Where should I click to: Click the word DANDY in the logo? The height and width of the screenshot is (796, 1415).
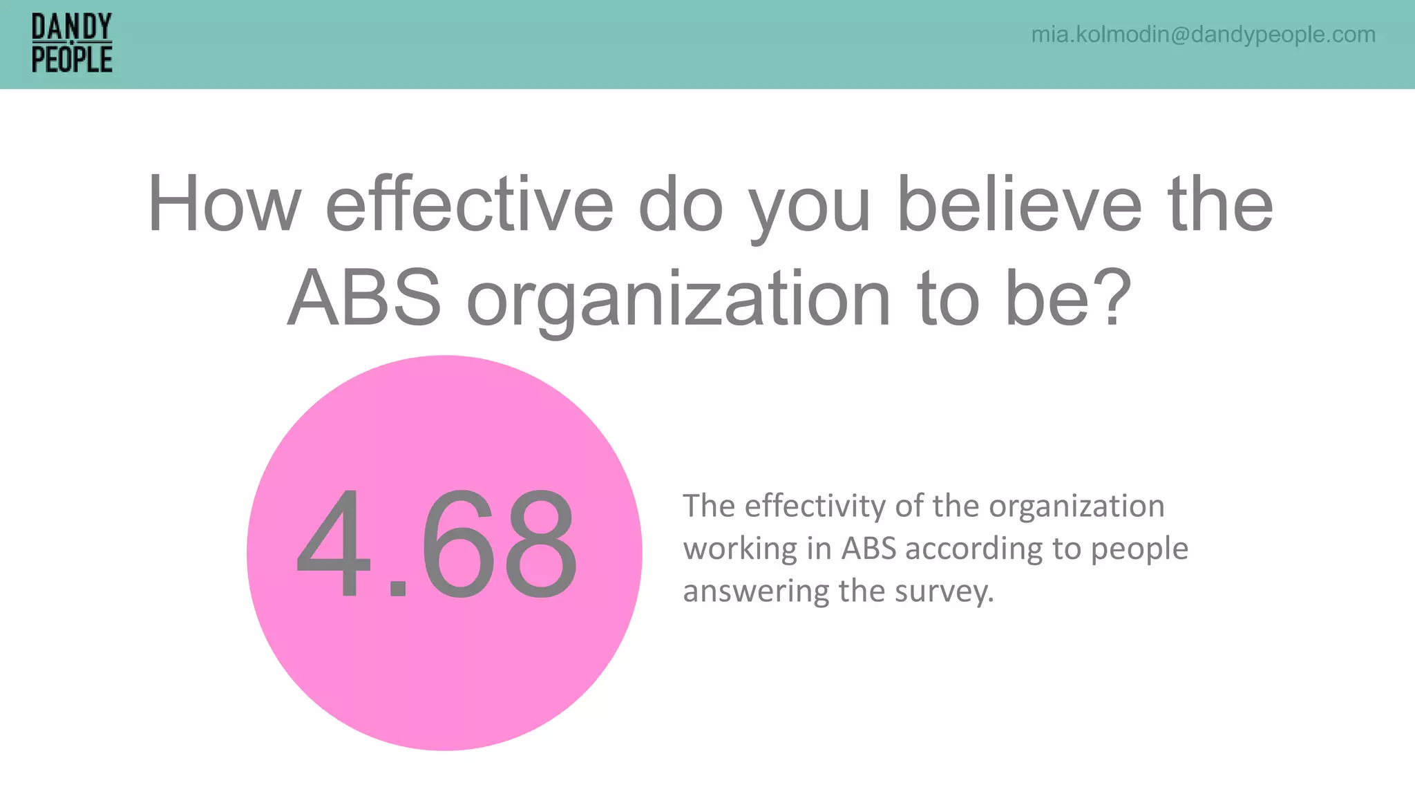tap(71, 28)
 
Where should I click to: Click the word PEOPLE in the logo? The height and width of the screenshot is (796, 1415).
tap(71, 59)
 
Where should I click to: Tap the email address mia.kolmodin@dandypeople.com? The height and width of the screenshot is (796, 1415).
tap(1203, 35)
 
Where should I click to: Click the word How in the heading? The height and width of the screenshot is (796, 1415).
tap(224, 205)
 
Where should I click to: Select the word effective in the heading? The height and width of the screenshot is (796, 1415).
tap(469, 205)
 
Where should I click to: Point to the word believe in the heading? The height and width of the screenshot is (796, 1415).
tap(1019, 205)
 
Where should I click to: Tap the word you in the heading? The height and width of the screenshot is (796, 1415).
tap(810, 207)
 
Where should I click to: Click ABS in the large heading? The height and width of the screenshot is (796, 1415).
tap(364, 298)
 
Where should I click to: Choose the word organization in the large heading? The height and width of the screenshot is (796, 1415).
tap(678, 301)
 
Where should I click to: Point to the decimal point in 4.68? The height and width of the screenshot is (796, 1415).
tap(398, 589)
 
